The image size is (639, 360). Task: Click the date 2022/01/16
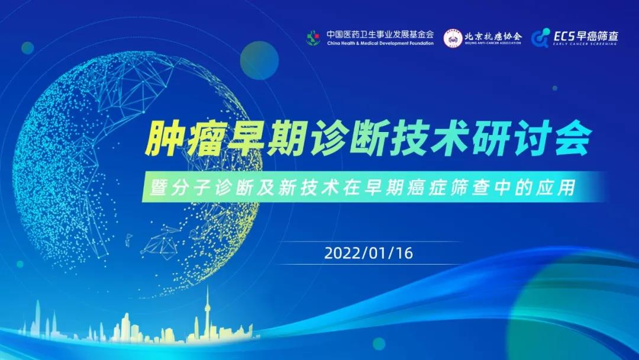click(369, 253)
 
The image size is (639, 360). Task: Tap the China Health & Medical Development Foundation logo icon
click(314, 38)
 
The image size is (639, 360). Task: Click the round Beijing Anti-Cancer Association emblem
click(453, 38)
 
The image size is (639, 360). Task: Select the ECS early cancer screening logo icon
click(540, 38)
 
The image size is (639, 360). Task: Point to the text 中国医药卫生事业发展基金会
click(380, 34)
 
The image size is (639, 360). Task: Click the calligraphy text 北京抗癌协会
click(493, 36)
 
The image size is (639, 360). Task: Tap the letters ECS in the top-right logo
click(564, 36)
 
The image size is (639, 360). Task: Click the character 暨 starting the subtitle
click(159, 188)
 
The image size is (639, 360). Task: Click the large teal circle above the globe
click(259, 60)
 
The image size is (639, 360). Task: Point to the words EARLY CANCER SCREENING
click(585, 44)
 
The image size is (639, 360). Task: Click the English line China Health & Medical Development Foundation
click(380, 43)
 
